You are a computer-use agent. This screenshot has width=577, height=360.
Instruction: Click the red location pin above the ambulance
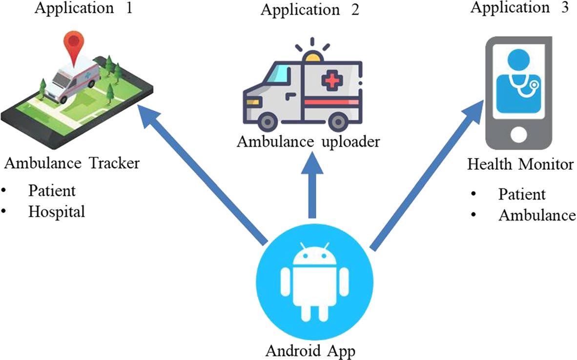click(73, 43)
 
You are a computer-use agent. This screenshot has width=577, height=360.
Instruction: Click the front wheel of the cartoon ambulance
click(268, 121)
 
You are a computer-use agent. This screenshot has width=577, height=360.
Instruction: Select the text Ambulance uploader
click(308, 142)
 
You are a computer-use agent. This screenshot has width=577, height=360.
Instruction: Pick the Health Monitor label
click(520, 164)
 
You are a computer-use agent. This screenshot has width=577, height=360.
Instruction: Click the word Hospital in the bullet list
click(57, 212)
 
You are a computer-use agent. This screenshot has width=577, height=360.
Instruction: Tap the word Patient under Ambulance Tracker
click(52, 190)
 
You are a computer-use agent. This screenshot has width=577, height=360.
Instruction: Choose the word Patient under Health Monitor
click(521, 194)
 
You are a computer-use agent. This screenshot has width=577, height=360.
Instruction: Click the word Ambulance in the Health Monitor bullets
click(537, 215)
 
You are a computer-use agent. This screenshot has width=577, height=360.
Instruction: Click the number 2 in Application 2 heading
click(354, 9)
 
